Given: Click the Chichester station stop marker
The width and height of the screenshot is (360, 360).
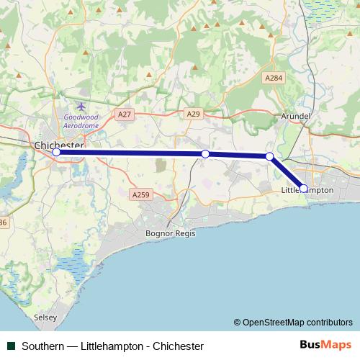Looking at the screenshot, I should coord(57,152).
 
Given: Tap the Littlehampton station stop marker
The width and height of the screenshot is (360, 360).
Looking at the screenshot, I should coord(303,188).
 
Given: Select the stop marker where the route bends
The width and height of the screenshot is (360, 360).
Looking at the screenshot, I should coord(269,156).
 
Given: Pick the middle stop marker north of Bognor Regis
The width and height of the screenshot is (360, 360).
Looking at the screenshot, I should coord(205,153).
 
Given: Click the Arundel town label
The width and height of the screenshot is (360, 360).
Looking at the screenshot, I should coord(296,116).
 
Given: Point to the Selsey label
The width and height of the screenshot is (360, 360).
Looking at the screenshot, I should coord(45,316).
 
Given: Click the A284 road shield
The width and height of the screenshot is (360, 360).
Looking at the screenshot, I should coord(273,78).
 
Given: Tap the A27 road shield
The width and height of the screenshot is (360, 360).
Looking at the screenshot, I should coord(125,114).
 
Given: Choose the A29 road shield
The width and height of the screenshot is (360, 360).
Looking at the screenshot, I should coord(193,114).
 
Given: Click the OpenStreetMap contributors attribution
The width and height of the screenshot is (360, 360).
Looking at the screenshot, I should coord(293,322).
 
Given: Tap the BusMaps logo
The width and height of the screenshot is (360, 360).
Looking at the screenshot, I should coord(325,346).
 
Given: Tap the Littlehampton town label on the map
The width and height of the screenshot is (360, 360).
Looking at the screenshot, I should coord(307,189).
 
